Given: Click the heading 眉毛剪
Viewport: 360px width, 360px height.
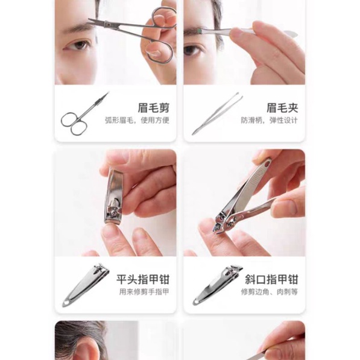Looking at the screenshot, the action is coord(154,108).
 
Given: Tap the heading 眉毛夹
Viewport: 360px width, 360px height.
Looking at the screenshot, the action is coord(282,108).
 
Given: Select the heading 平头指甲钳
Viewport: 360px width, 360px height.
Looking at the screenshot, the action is coord(143,279).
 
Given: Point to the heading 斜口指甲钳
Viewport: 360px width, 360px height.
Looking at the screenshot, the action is coord(271,279).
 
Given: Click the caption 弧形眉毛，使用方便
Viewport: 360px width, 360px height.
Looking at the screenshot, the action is coord(137,120).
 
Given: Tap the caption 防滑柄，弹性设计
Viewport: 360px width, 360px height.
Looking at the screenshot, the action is coord(269,120).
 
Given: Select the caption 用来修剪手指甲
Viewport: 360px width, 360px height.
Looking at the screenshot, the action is coord(144,292).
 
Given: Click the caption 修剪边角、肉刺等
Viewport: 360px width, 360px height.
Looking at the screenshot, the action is coord(270,292).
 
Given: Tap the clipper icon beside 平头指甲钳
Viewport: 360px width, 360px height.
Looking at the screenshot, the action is coord(86,285).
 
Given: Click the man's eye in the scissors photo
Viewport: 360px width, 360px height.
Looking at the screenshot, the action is coord(78,45).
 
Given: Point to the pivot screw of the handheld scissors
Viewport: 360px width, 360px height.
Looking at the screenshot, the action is coord(107,24).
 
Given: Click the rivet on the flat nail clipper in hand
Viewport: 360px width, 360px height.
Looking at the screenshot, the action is coord(113,214).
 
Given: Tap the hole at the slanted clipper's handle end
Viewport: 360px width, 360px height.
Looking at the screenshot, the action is coord(267,165).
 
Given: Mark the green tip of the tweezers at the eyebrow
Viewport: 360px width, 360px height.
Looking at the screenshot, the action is coord(200,31).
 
